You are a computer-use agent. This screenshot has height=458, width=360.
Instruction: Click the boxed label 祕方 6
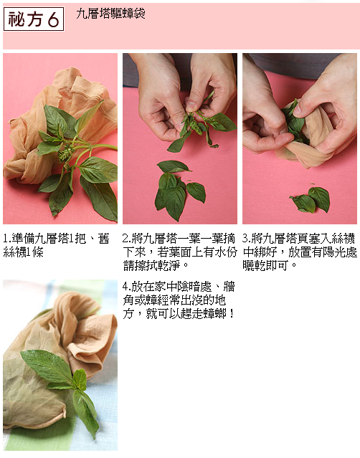pyautogui.click(x=34, y=19)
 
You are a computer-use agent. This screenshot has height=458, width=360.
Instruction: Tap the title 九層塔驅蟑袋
pyautogui.click(x=110, y=14)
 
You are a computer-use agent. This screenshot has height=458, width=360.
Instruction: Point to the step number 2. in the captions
pyautogui.click(x=127, y=239)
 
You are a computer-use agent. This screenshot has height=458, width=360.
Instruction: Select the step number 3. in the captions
pyautogui.click(x=247, y=239)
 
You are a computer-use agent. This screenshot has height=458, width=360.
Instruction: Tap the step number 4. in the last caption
pyautogui.click(x=127, y=287)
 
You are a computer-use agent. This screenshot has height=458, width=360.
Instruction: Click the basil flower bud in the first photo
pyautogui.click(x=66, y=153)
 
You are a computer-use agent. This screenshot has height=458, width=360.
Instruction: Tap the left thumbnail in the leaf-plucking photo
pyautogui.click(x=191, y=106)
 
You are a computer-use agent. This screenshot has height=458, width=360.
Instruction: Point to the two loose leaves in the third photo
pyautogui.click(x=311, y=199)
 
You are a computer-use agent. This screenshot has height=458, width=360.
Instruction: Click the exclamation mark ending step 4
pyautogui.click(x=232, y=314)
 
